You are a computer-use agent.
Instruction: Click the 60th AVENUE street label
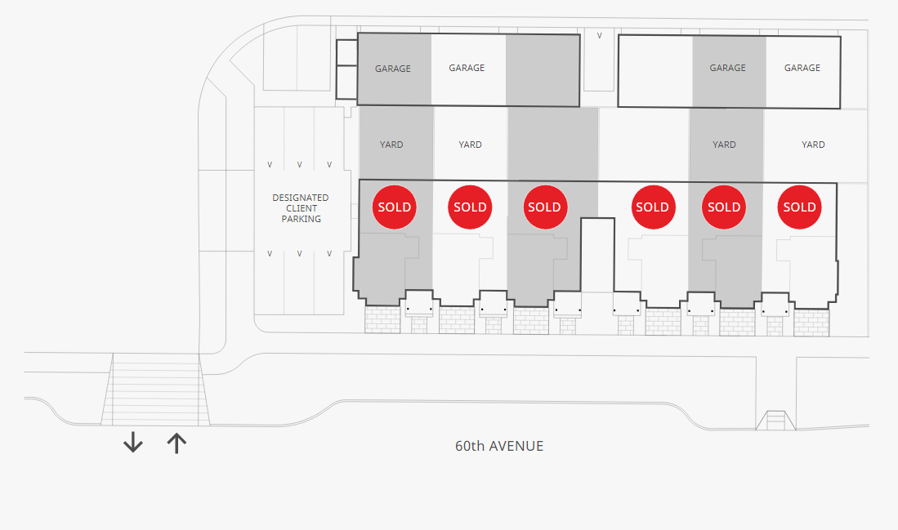498,446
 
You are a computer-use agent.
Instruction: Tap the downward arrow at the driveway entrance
133,443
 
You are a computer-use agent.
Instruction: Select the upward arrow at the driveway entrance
176,443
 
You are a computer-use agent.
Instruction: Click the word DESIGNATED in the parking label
301,198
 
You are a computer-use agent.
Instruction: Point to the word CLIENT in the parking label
302,208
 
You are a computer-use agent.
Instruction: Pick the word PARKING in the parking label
302,219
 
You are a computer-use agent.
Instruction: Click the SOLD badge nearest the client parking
395,207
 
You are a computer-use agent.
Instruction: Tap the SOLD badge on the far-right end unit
799,207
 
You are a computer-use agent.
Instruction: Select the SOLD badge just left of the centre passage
545,207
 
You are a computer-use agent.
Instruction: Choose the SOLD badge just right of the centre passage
653,207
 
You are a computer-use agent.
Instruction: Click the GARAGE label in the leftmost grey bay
393,69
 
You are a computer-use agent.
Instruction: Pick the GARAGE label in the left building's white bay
467,68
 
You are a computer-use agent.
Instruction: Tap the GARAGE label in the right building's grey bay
728,68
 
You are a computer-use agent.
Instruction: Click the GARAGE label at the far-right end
802,68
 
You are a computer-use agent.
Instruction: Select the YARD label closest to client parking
391,145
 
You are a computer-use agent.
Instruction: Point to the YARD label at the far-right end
813,145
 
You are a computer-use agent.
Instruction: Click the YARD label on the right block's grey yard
725,145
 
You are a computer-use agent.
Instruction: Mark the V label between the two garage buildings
600,35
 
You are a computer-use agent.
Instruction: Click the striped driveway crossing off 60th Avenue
155,390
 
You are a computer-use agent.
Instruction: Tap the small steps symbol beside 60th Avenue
776,420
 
